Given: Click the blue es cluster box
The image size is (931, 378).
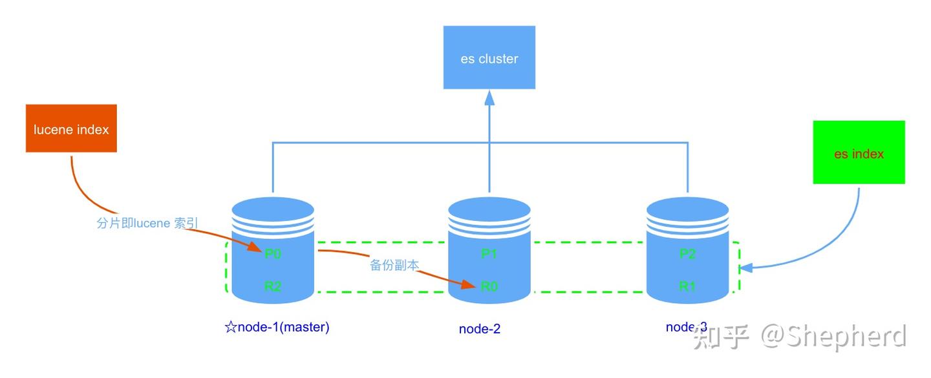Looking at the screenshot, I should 489,58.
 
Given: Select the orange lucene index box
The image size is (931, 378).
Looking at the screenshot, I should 71,129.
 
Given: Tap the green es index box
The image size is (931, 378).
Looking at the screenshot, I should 859,152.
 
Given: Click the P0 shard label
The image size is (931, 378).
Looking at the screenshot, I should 273,253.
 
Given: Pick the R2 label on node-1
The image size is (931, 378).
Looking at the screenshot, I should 273,286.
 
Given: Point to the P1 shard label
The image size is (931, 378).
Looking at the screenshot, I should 489,253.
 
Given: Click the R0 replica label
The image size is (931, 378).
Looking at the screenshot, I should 489,286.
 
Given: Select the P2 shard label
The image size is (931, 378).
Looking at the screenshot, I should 687,253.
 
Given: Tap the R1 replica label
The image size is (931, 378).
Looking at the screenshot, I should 687,286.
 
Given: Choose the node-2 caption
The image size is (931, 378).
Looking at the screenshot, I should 480,329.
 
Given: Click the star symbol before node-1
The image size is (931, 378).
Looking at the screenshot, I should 230,327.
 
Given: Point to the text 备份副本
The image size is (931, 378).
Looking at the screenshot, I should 394,265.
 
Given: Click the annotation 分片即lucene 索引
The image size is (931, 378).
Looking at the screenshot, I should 147,224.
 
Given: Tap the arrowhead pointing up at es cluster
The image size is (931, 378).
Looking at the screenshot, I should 489,98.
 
